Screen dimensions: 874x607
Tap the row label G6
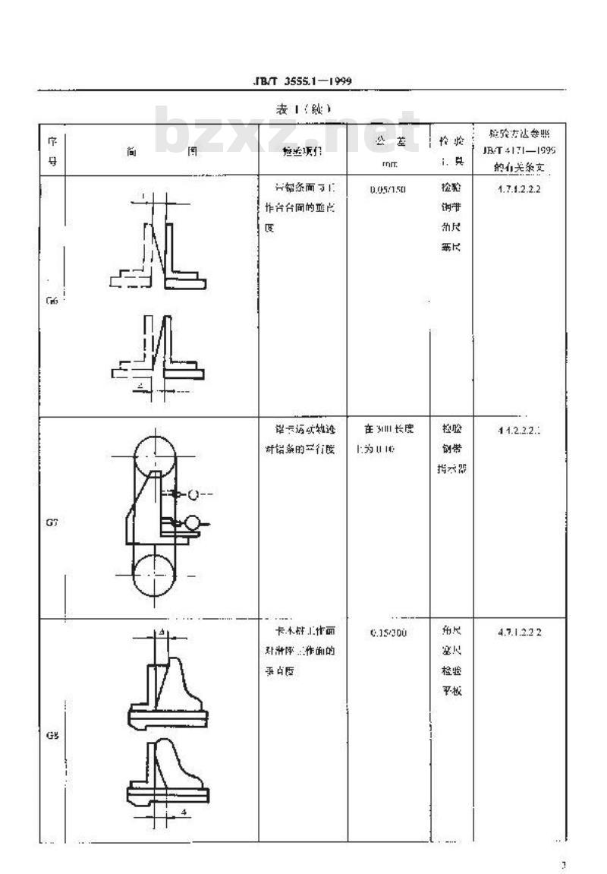(52, 300)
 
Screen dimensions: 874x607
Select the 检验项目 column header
(302, 152)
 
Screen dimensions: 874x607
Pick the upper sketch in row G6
(161, 243)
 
